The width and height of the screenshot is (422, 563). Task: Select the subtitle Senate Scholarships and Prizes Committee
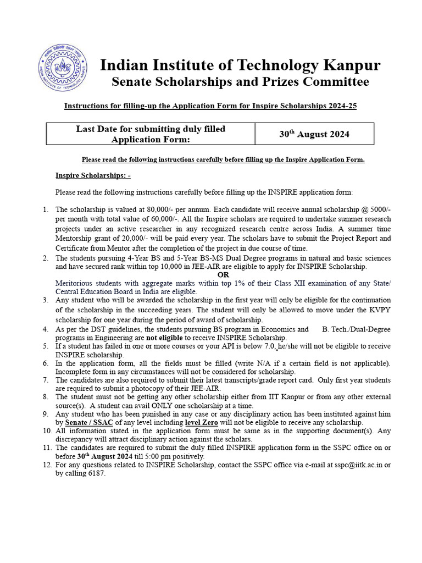pos(240,82)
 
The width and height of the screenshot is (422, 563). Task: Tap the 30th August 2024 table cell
pos(314,134)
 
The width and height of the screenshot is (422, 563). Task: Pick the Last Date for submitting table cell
pos(150,134)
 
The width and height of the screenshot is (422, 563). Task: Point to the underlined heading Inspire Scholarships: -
pos(93,175)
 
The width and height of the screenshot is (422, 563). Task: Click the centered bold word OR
pos(223,274)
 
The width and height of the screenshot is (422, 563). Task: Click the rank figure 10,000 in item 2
pos(146,267)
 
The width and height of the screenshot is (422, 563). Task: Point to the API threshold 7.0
pos(269,346)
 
